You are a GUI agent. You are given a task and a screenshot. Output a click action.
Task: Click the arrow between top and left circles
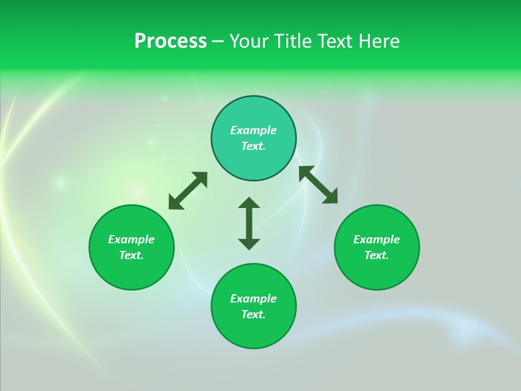tap(188, 191)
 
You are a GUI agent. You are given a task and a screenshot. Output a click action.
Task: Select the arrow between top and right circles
tap(318, 185)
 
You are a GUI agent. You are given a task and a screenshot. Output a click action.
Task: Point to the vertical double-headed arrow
tap(249, 223)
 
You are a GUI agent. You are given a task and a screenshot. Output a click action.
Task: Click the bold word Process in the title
tap(170, 41)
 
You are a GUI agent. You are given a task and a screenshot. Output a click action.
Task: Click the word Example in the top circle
tap(253, 130)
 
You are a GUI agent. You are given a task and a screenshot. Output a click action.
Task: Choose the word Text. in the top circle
tap(253, 146)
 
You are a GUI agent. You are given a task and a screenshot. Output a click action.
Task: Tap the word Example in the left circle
tap(131, 239)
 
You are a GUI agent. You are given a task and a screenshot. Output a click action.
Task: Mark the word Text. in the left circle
tap(131, 255)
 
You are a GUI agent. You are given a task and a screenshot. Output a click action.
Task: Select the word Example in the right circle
tap(377, 239)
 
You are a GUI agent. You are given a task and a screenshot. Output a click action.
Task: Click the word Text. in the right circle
tap(377, 255)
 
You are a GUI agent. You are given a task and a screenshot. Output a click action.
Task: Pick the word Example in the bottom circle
tap(253, 299)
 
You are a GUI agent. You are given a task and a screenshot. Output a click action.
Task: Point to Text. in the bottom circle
tap(253, 314)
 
